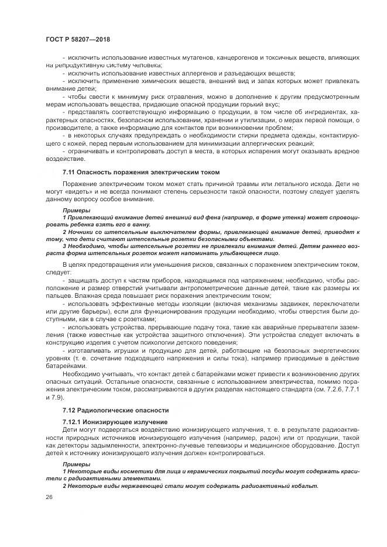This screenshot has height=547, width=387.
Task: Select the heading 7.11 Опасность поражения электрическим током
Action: (x=141, y=173)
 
